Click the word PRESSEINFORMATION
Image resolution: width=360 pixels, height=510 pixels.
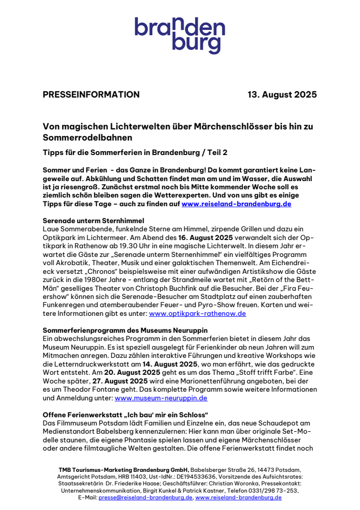click(x=91, y=95)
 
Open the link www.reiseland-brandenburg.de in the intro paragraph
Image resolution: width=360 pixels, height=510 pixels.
click(x=236, y=204)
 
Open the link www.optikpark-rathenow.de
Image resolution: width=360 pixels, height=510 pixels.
click(x=197, y=313)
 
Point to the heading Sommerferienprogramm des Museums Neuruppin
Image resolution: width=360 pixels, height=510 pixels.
click(x=125, y=330)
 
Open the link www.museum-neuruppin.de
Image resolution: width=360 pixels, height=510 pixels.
click(x=161, y=398)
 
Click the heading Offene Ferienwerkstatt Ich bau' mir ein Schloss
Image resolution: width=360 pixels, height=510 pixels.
click(x=125, y=414)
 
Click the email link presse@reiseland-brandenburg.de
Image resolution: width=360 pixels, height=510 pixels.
click(x=145, y=497)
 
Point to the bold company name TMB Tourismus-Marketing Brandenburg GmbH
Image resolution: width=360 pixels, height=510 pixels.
click(x=124, y=470)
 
